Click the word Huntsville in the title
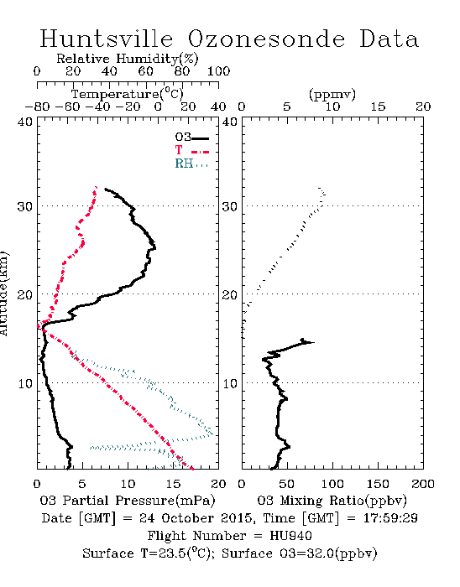coord(107,39)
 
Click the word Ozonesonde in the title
coord(265,39)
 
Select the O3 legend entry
coord(191,138)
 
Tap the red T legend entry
coord(191,150)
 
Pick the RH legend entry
coord(191,164)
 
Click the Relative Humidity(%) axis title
coord(128,59)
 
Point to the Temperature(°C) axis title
coord(128,94)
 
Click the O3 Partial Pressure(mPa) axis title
coord(128,501)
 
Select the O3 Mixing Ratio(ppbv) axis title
coord(332,501)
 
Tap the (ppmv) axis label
coord(332,94)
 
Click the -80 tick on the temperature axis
coord(37,107)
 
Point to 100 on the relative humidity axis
coord(218,71)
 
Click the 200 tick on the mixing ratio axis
coord(423,484)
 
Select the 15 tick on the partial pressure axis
coord(173,484)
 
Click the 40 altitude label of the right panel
coord(230,122)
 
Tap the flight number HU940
coord(290,536)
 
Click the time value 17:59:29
coord(390,518)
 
